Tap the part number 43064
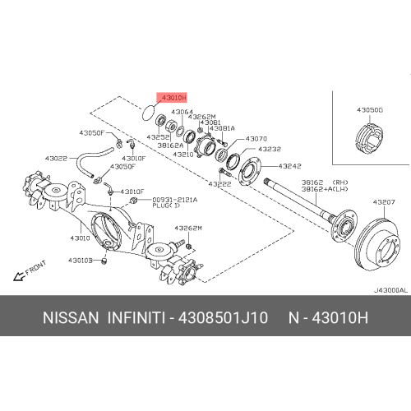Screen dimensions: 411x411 tap(182, 112)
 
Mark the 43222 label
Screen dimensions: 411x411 tap(219, 183)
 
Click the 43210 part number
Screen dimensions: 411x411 tap(182, 154)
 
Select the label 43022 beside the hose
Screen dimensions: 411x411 tap(57, 157)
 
